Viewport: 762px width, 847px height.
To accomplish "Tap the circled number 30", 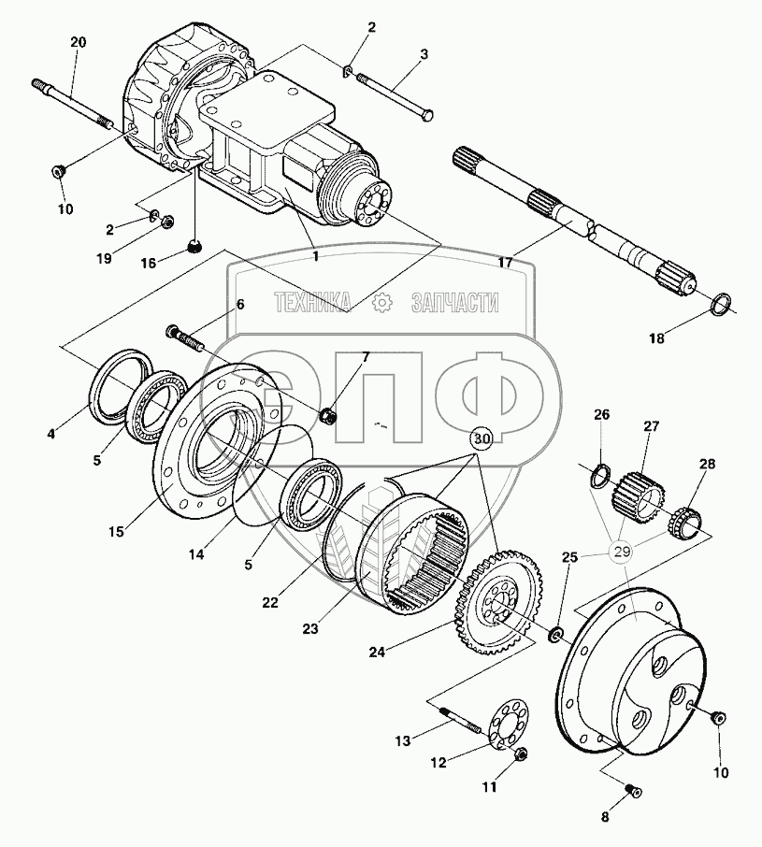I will (x=482, y=438).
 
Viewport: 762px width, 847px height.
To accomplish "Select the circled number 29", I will (x=623, y=553).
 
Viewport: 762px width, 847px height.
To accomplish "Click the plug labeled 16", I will (x=194, y=247).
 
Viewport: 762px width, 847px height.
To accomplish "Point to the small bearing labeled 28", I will (x=688, y=516).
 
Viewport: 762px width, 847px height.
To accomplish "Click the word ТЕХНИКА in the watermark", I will (x=312, y=302).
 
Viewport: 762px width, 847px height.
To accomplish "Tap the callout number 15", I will (x=115, y=532).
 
